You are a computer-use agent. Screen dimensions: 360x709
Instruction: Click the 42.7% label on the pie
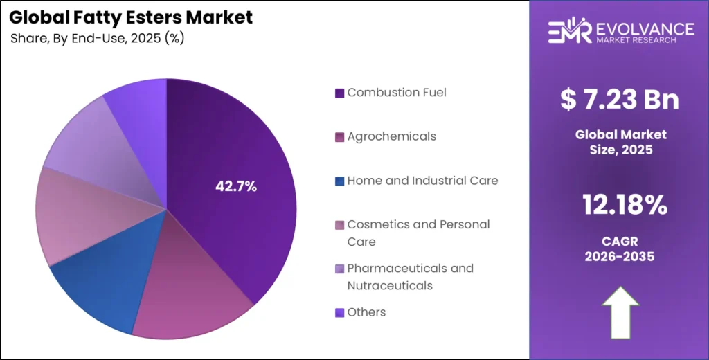(x=236, y=186)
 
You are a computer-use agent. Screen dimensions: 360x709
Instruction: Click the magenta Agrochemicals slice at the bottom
(x=187, y=305)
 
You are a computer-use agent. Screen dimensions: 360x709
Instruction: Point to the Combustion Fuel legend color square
(x=339, y=93)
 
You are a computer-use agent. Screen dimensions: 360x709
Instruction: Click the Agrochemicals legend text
(x=391, y=136)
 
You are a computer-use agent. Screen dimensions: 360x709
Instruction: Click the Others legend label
(x=366, y=312)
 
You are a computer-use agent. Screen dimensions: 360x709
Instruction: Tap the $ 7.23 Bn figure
(x=619, y=100)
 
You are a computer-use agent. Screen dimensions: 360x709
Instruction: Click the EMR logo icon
(x=569, y=31)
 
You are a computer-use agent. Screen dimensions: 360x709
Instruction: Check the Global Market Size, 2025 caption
(x=619, y=141)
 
